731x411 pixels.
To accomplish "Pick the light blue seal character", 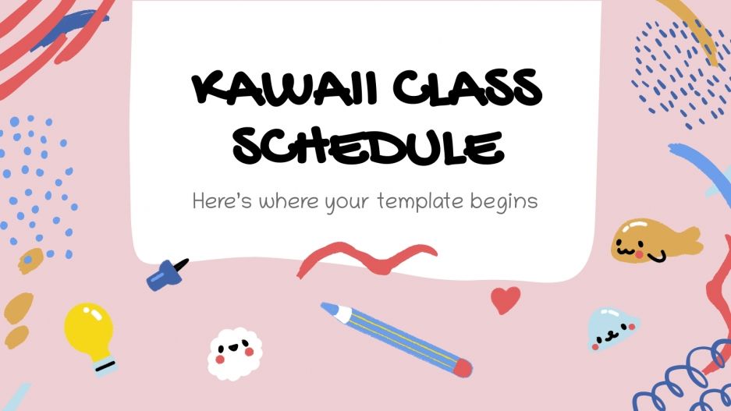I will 611,328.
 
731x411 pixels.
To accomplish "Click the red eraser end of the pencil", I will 461,366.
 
